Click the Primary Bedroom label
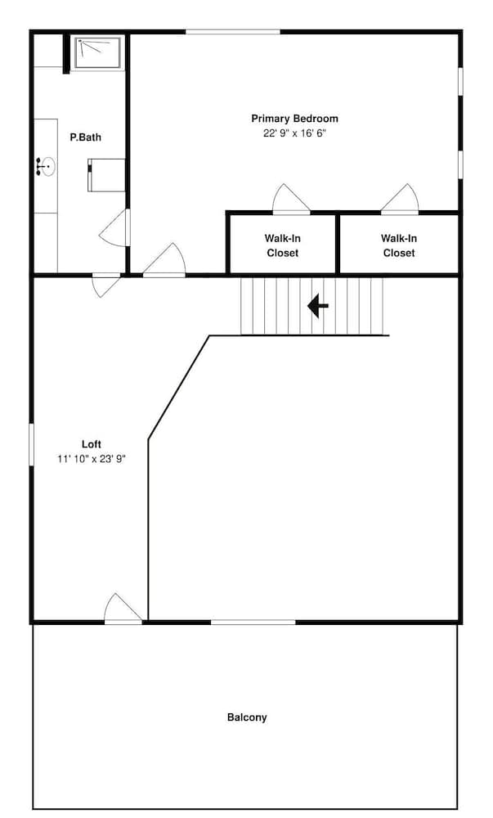tap(294, 119)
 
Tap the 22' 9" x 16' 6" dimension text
tap(294, 133)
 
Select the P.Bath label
tap(85, 137)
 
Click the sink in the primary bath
tap(46, 168)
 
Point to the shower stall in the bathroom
tap(98, 52)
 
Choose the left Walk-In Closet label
tap(282, 245)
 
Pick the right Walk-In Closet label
tap(399, 245)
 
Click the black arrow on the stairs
tap(317, 306)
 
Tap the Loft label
tap(91, 444)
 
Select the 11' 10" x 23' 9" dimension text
tap(91, 458)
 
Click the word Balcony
tap(247, 717)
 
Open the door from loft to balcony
tap(123, 609)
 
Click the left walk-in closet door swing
tap(291, 200)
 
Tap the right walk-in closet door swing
tap(401, 200)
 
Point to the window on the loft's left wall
tap(32, 453)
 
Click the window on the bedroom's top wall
tap(233, 32)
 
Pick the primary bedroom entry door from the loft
tap(165, 260)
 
